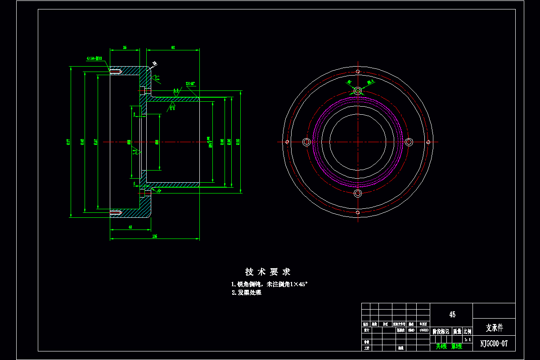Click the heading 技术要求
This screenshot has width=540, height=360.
click(268, 272)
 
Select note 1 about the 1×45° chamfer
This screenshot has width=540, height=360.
click(269, 284)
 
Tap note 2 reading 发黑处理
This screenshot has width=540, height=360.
click(247, 292)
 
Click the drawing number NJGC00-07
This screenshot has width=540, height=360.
click(494, 343)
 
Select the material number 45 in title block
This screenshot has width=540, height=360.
click(452, 315)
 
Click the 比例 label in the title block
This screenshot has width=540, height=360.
click(468, 331)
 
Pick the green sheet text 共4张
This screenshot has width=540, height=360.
click(441, 346)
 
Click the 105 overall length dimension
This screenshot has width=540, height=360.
click(155, 236)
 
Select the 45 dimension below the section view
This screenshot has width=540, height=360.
click(130, 227)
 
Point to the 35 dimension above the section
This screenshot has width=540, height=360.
click(125, 47)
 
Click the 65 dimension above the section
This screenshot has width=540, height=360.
click(173, 47)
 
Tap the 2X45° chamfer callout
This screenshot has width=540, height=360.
click(190, 83)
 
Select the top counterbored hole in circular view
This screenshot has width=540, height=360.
click(358, 90)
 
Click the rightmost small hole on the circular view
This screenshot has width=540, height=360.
click(428, 142)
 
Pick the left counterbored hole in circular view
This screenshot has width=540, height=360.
click(306, 142)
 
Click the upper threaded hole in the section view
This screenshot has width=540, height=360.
click(116, 72)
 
